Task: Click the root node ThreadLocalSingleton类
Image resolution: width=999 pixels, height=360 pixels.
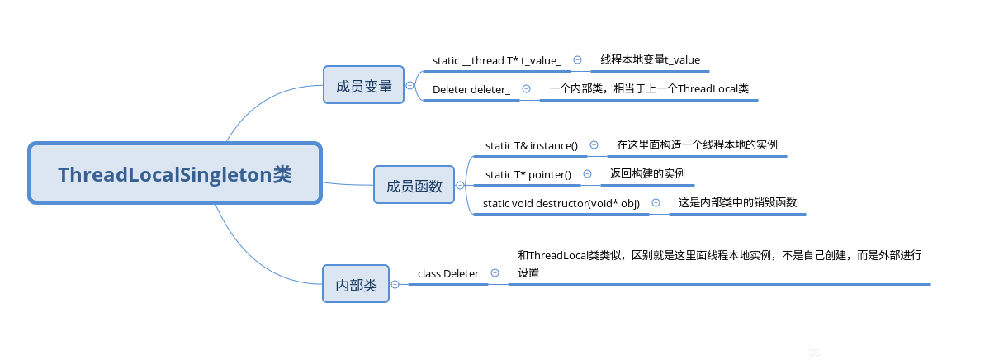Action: click(x=175, y=173)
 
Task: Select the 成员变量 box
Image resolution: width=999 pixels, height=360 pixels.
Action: click(x=363, y=85)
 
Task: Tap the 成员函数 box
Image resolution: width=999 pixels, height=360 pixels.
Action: click(x=414, y=185)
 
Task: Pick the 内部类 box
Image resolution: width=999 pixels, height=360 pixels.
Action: click(x=356, y=284)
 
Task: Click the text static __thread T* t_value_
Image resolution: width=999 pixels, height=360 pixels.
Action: click(x=497, y=60)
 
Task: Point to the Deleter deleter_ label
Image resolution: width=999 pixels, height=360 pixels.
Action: click(x=471, y=90)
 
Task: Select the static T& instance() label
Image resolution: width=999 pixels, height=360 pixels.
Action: click(x=532, y=146)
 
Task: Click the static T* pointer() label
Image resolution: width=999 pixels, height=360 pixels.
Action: click(x=528, y=175)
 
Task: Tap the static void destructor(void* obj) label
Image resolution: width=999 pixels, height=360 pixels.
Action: click(x=561, y=203)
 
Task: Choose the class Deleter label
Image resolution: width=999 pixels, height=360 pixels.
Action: click(x=448, y=273)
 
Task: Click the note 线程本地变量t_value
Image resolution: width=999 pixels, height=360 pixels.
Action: click(x=651, y=59)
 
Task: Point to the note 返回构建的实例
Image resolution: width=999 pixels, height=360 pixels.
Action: click(x=647, y=173)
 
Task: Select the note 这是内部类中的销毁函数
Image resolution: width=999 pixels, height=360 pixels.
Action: click(x=737, y=202)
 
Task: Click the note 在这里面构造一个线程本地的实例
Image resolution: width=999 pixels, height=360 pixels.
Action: click(x=697, y=144)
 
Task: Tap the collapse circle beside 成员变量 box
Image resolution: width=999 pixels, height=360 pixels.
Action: click(x=410, y=85)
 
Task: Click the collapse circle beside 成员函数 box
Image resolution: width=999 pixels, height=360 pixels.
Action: click(x=460, y=185)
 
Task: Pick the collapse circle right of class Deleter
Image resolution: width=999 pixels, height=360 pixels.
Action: click(x=495, y=273)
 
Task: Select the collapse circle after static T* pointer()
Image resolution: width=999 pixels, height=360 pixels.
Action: click(x=587, y=174)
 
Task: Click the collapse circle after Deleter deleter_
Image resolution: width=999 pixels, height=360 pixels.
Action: click(x=526, y=89)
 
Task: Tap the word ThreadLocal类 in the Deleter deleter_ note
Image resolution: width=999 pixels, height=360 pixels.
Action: click(x=713, y=89)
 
